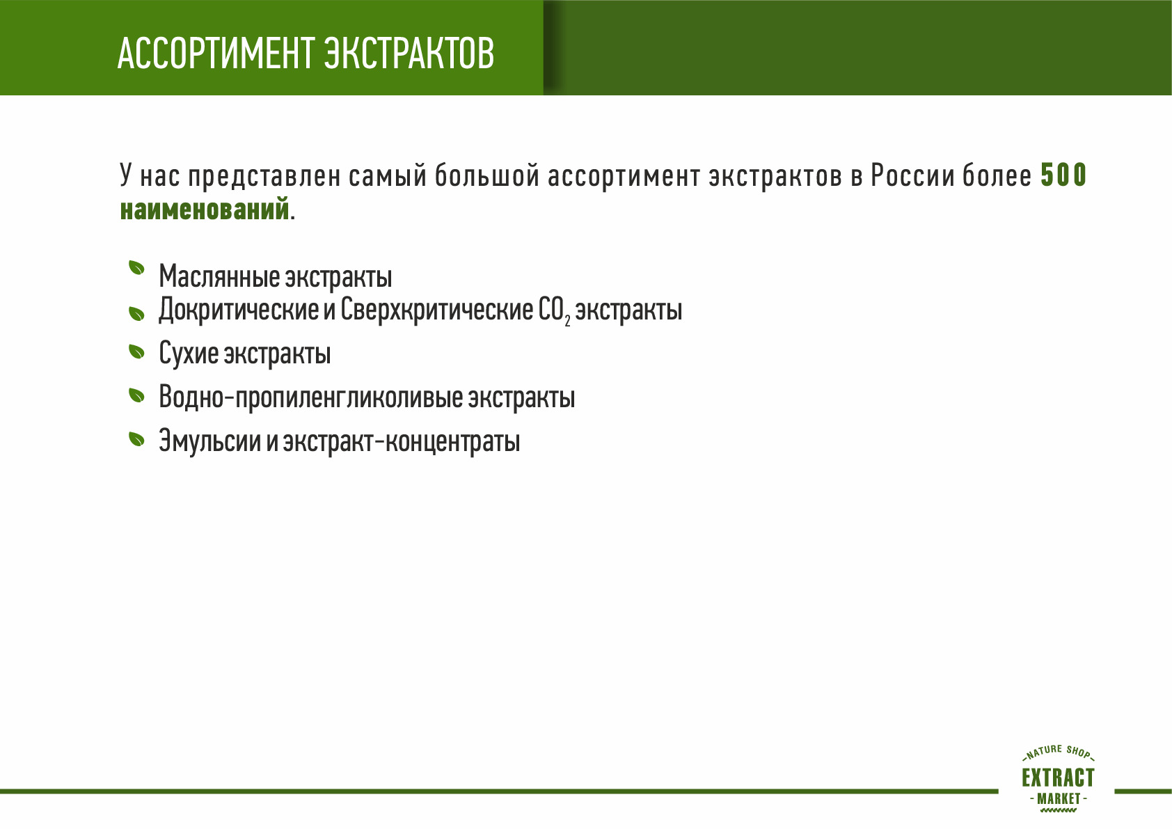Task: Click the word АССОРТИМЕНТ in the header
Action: tap(214, 54)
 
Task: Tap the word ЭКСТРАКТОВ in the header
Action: tap(409, 54)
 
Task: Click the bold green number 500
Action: tap(1063, 175)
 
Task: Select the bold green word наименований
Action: tap(205, 210)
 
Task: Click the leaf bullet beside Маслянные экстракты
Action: tap(136, 267)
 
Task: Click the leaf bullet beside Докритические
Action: tap(136, 313)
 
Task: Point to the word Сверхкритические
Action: tap(437, 310)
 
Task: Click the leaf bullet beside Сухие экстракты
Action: tap(136, 352)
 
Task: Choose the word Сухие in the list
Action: tap(189, 353)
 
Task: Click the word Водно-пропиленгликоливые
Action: tap(311, 397)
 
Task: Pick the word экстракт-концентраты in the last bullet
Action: tap(402, 441)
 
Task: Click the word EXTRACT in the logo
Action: tap(1058, 777)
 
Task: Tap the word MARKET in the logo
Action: tap(1059, 798)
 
